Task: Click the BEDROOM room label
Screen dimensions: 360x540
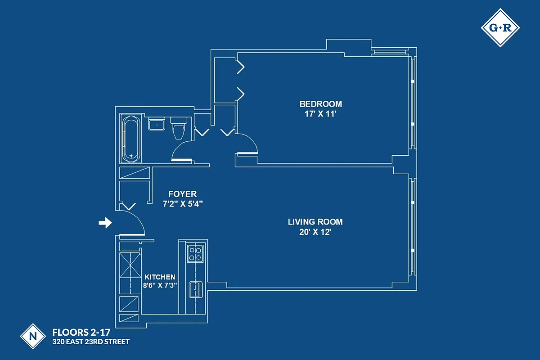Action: [x=320, y=104]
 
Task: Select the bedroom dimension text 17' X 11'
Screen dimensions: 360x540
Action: [x=320, y=114]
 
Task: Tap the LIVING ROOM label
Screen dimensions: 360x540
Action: [x=315, y=222]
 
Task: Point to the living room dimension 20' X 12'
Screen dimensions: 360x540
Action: [x=315, y=232]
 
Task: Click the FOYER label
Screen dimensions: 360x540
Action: [x=182, y=194]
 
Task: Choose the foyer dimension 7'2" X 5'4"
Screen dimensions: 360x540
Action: [x=182, y=204]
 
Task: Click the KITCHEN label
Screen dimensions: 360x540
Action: [x=160, y=277]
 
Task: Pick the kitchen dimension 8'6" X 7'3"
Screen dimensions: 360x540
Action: [x=160, y=285]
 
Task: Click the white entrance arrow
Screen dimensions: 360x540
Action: [x=105, y=223]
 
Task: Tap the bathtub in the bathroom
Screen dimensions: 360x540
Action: [x=131, y=139]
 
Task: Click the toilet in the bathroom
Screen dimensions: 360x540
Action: [x=179, y=128]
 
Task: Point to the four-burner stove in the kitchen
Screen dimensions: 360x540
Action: [x=195, y=253]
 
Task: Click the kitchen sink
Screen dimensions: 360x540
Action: [x=196, y=289]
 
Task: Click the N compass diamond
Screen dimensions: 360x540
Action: [x=33, y=336]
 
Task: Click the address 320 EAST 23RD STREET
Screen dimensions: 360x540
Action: [x=91, y=342]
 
